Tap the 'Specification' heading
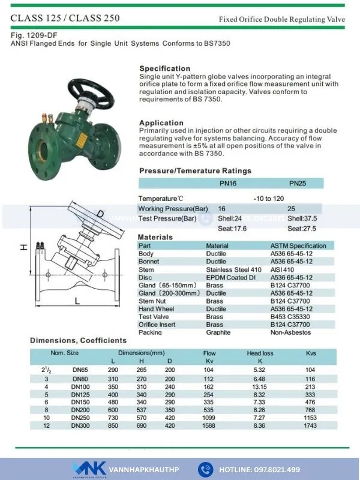click(x=164, y=68)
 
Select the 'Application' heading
click(x=161, y=122)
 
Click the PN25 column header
click(x=298, y=184)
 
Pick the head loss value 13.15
click(x=260, y=387)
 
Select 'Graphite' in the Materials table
click(x=218, y=332)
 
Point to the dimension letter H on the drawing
click(x=24, y=247)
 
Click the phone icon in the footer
click(x=206, y=469)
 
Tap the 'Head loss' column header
click(x=260, y=353)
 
